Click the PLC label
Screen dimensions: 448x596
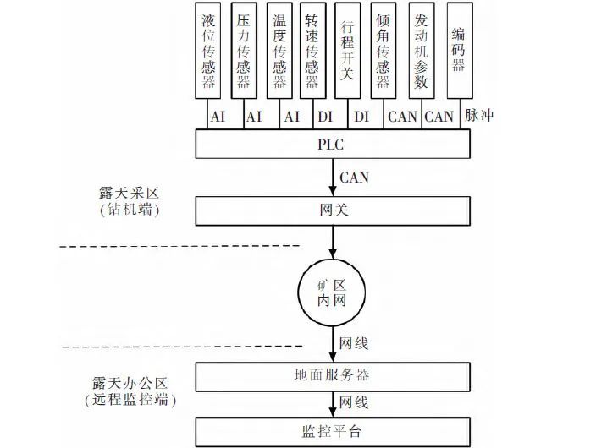(x=333, y=144)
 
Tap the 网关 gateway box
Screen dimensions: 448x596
(x=333, y=210)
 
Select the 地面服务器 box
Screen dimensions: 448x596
(x=333, y=374)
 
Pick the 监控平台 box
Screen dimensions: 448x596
(x=333, y=431)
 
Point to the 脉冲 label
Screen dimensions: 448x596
(x=479, y=116)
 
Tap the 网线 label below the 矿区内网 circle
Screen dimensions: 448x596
(x=354, y=344)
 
